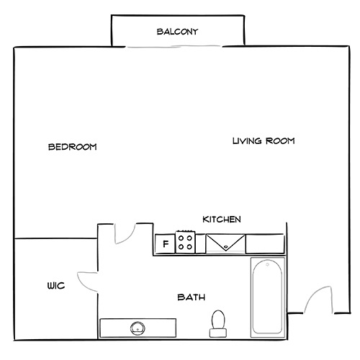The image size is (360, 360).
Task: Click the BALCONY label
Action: click(x=177, y=32)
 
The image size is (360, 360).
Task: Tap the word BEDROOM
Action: click(x=72, y=147)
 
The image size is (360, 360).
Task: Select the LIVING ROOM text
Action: click(x=264, y=141)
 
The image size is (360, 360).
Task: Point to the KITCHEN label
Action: click(x=222, y=220)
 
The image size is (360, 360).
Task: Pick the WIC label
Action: click(x=55, y=286)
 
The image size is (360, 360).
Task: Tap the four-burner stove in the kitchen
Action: click(x=186, y=242)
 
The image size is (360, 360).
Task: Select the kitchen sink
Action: click(x=225, y=243)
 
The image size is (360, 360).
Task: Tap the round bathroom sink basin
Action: click(x=138, y=328)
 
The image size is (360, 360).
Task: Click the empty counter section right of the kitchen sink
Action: click(x=266, y=243)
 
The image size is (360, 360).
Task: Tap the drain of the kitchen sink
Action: click(x=225, y=246)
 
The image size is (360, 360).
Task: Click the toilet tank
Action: click(x=217, y=332)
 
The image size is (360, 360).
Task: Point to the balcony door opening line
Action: click(x=178, y=48)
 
